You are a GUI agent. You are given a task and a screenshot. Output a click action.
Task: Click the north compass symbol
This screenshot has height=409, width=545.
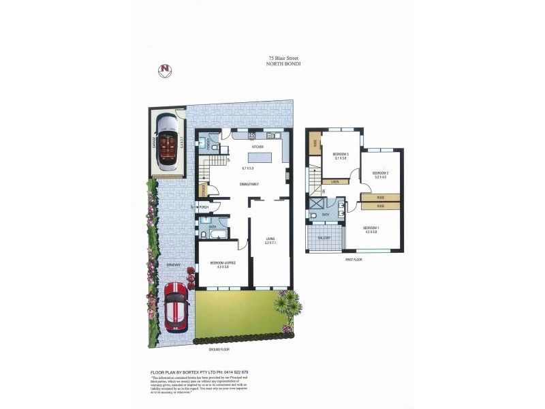pos(164,69)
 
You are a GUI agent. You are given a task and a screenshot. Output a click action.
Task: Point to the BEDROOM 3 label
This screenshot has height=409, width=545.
pos(341,155)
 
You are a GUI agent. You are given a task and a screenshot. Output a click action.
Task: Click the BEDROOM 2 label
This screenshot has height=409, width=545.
pos(380,173)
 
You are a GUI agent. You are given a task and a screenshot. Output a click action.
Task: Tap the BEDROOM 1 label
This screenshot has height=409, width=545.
pos(371,228)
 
